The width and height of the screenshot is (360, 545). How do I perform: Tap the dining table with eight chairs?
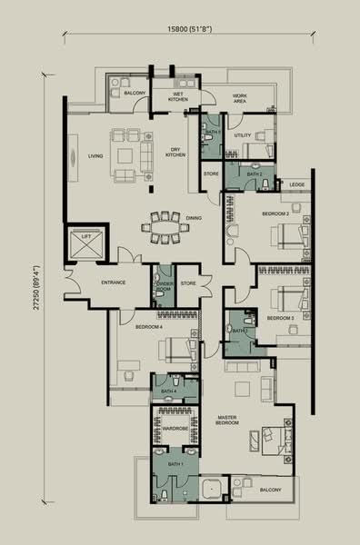167,227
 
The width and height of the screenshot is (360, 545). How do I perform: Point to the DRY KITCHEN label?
175,153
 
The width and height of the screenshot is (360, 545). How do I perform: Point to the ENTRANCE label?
113,282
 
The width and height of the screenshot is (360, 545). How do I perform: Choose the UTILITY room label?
242,135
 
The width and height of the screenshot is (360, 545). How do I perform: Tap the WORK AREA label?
240,99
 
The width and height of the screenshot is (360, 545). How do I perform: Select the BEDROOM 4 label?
149,326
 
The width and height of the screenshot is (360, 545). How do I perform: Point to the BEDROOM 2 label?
275,213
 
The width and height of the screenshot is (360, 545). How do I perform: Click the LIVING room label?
95,155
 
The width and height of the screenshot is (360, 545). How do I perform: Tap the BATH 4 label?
167,391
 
